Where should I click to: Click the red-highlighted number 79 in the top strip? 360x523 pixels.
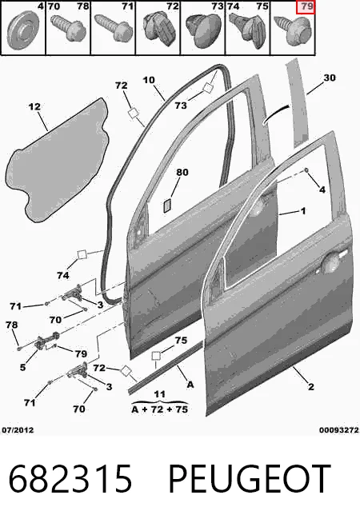click(306, 6)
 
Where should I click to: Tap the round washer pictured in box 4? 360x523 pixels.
click(23, 30)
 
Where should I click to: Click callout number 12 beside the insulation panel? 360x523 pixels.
click(34, 106)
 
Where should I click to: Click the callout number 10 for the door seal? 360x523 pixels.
click(149, 80)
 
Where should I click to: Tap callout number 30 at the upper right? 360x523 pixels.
click(330, 78)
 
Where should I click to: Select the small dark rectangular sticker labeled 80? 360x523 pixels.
click(167, 206)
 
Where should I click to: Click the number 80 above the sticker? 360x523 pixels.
click(182, 173)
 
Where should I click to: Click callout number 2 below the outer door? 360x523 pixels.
click(310, 387)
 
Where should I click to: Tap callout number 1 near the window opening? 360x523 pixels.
click(303, 211)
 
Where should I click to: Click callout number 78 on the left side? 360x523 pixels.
click(12, 325)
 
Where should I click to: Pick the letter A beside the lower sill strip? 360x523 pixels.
click(190, 385)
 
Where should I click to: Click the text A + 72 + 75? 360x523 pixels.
click(160, 409)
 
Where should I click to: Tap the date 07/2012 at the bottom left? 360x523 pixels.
click(18, 430)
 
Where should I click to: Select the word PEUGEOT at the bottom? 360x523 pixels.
click(250, 479)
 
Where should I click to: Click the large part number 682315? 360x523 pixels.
click(70, 479)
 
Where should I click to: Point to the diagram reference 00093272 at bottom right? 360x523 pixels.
click(339, 430)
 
